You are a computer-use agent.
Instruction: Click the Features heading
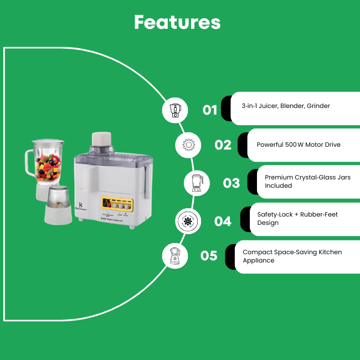coord(177,22)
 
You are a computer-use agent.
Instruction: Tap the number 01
coord(210,110)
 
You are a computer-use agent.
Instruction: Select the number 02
coord(223,145)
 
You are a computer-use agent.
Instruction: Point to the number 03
coord(232,182)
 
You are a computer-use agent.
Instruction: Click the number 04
coord(223,221)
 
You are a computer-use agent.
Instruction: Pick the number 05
coord(209,256)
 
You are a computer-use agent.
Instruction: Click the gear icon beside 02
coord(189,145)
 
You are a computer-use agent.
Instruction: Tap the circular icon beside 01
coord(176,110)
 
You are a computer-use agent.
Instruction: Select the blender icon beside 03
coord(197,182)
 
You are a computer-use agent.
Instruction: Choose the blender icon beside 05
coord(176,256)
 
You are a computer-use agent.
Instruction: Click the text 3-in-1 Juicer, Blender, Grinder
coord(286,106)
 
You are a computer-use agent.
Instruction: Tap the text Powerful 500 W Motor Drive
coord(299,145)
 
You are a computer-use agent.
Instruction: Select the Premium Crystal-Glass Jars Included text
coord(307,181)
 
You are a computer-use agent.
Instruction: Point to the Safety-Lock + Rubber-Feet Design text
coord(297,218)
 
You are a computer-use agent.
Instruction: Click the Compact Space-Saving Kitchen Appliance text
coord(292,256)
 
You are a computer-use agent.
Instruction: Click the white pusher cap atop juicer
coord(102,140)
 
